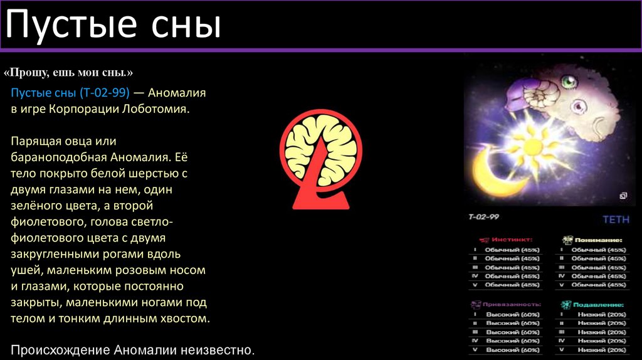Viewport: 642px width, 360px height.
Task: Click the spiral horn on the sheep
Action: click(539, 94)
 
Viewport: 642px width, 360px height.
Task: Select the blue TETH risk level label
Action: click(615, 220)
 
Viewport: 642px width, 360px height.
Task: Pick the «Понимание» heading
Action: click(599, 240)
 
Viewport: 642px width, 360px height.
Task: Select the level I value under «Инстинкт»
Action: click(512, 250)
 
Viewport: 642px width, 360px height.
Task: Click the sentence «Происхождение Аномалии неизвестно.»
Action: click(133, 349)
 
